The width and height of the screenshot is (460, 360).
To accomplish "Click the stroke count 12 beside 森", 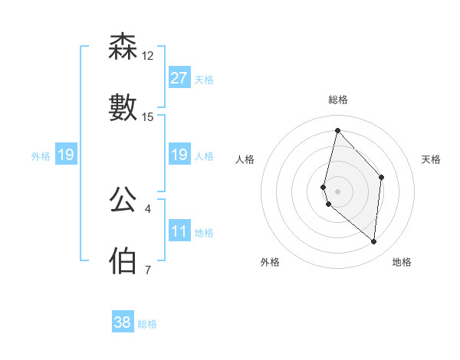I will pos(148,56).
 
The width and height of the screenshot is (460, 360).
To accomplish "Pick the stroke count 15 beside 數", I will pos(148,117).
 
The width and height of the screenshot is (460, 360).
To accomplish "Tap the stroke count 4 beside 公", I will pos(148,208).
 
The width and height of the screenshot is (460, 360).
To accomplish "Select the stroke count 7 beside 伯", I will pos(148,270).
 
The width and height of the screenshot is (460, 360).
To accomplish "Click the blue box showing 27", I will pos(179,78).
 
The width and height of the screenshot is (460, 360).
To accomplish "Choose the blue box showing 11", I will pos(179,232).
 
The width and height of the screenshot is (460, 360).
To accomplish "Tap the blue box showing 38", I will pos(123,322).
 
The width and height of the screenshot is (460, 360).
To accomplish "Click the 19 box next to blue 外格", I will pos(65,155).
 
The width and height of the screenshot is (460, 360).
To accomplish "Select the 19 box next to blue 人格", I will pos(179,155).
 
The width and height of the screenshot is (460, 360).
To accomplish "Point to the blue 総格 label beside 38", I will pos(147,324).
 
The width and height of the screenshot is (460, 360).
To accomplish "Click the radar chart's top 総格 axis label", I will pos(338,100).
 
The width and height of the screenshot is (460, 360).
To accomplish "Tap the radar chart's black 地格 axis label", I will pos(402,263).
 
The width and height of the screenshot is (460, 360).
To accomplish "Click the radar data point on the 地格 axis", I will pos(373,241).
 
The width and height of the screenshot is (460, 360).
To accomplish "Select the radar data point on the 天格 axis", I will pos(381,177).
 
